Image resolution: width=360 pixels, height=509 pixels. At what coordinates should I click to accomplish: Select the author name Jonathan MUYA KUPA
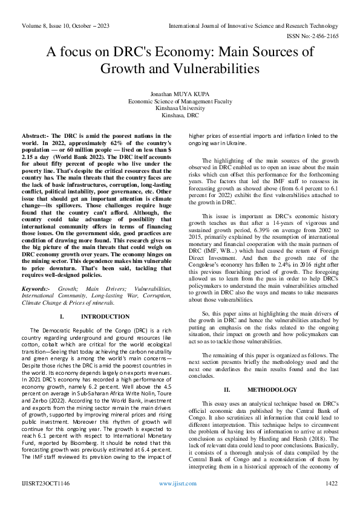180,94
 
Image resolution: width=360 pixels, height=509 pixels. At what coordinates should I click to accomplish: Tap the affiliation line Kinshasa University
180,108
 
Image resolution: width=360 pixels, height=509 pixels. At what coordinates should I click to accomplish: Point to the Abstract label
34,137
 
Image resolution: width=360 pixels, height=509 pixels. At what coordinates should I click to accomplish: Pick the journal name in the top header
254,27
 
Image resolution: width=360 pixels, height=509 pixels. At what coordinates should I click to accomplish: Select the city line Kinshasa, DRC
180,115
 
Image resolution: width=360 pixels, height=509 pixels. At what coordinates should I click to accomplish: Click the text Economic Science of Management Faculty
180,102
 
